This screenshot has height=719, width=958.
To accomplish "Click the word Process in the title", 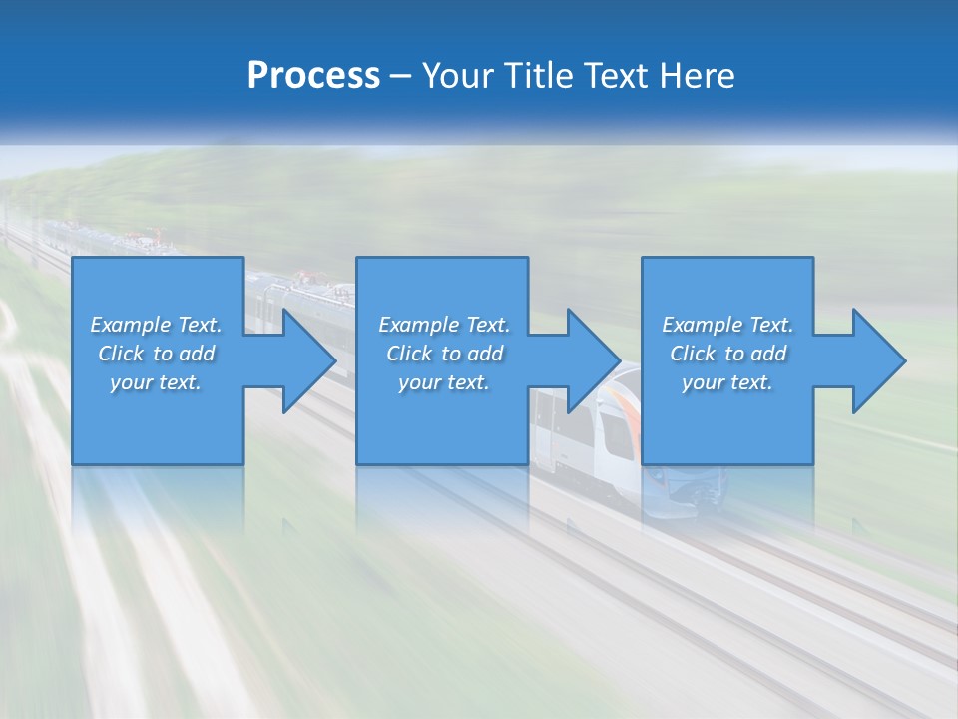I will [313, 76].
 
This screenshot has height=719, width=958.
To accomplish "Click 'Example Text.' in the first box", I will [157, 325].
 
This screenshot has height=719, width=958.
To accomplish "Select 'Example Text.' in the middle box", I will [444, 325].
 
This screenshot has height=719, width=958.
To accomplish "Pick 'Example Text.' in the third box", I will [727, 325].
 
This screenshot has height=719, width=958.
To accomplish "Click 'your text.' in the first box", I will [157, 382].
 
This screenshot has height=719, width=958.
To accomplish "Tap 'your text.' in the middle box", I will [444, 382].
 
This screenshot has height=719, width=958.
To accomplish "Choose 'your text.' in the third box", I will [727, 382].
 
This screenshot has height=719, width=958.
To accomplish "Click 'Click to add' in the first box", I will [157, 354].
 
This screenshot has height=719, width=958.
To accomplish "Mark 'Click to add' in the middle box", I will [444, 354].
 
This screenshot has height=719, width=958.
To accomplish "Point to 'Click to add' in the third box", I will [727, 354].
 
